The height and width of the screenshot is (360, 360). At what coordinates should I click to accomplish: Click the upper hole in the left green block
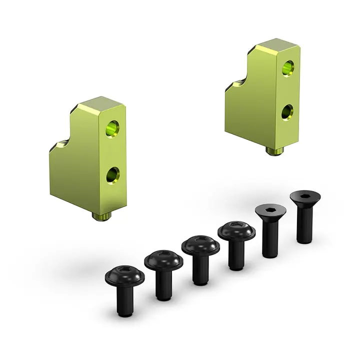coord(112,128)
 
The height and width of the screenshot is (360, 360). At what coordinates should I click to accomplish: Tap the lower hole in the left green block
coord(112,174)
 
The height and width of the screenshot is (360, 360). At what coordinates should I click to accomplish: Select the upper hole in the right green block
coord(287,67)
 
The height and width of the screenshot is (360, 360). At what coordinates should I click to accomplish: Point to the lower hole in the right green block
coord(287,112)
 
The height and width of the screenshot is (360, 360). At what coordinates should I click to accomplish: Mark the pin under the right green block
coord(273,150)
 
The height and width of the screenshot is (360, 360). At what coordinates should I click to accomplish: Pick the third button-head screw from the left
coord(200,246)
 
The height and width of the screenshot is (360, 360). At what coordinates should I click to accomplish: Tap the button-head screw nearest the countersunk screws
coord(236,231)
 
